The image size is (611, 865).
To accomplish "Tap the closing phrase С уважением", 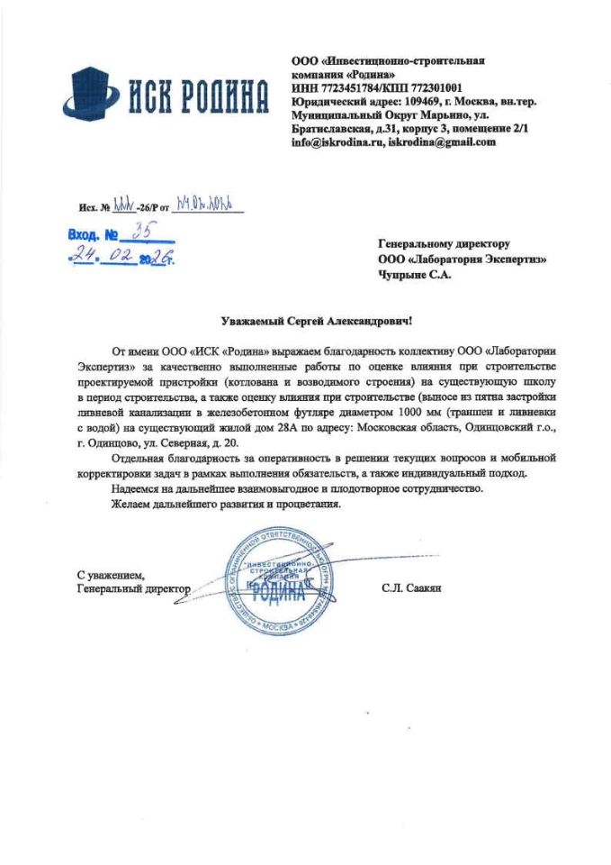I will (x=109, y=574).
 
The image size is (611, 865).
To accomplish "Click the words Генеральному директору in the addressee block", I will (x=444, y=244).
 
